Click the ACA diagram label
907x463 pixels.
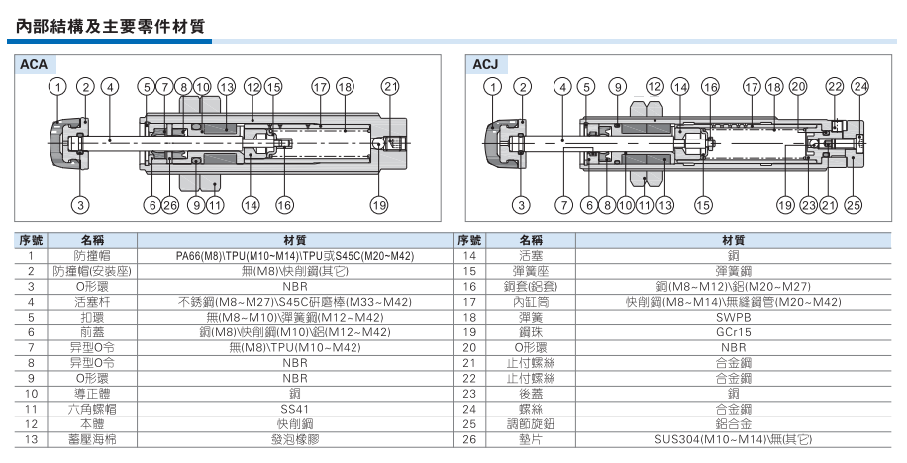tap(35, 65)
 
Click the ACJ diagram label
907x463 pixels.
tap(484, 65)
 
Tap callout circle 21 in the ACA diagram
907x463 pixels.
tap(389, 87)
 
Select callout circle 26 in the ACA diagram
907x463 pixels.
tap(170, 205)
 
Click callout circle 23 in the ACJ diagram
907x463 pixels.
tap(808, 205)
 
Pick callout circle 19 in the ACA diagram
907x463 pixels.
tap(378, 205)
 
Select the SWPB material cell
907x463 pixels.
tap(733, 318)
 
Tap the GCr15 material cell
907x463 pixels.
tap(733, 332)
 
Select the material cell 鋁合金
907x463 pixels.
tap(733, 422)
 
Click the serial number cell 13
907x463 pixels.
tap(32, 438)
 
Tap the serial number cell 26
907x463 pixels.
tap(470, 438)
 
